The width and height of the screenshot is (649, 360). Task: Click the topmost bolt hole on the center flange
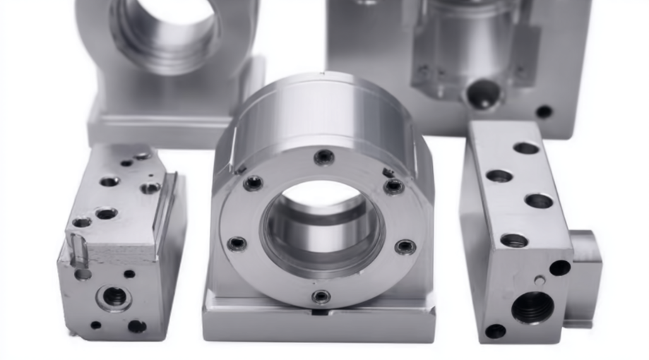coord(323,157)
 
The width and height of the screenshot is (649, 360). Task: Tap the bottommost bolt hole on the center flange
coord(321,296)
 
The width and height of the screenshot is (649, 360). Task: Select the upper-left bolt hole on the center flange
coord(253,183)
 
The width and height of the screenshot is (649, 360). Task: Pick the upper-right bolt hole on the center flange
coord(393,186)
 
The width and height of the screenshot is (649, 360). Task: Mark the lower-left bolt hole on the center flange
coord(237,244)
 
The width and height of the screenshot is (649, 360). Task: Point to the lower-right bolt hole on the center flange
coord(405,246)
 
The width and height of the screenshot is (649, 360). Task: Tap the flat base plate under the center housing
coord(318,325)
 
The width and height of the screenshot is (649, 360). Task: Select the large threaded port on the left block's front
coord(114,297)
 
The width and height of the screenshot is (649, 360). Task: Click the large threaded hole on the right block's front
coord(532,307)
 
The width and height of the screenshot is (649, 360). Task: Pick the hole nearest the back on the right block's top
coord(526,148)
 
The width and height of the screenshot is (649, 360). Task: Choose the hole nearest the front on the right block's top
coord(514,241)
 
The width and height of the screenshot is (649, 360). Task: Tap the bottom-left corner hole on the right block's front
coord(495,330)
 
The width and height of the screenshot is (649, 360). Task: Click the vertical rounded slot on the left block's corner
coord(79,251)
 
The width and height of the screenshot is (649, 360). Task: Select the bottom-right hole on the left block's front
coord(137,326)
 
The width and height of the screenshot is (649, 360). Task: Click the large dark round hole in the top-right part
coord(484,94)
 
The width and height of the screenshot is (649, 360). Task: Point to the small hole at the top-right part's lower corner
coord(544,112)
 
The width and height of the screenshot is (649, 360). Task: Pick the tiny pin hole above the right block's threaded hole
coord(540,280)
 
